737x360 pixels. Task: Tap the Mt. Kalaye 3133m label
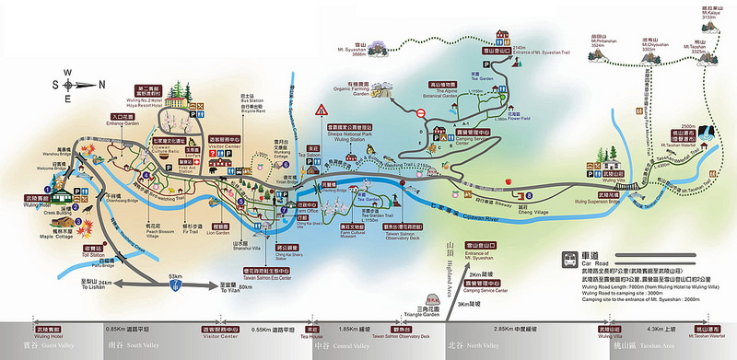click(x=715, y=13)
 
